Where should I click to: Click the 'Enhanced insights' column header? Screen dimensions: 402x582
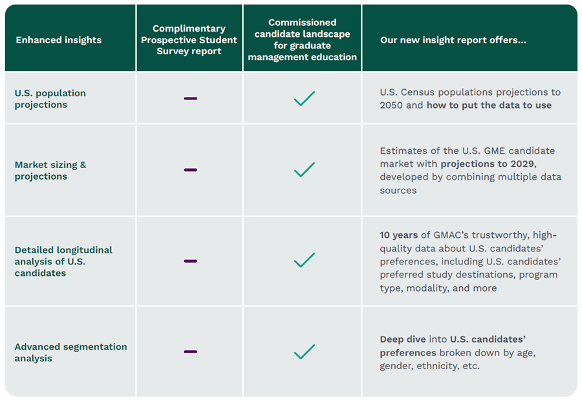click(58, 40)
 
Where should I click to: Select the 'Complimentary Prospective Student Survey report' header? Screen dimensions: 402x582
click(189, 40)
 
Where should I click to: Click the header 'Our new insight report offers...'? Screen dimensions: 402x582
click(453, 40)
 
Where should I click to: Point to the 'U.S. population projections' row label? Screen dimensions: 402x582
click(50, 99)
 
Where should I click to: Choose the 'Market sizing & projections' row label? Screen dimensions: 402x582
click(50, 171)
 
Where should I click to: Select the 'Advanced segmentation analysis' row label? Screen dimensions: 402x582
click(70, 352)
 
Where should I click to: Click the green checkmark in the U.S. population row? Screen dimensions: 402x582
click(304, 98)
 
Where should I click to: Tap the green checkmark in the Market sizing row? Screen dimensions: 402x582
click(304, 169)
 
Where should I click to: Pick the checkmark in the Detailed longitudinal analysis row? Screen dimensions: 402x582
click(304, 260)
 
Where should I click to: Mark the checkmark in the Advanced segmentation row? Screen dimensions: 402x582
click(304, 352)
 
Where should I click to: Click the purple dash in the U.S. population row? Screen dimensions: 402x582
click(190, 98)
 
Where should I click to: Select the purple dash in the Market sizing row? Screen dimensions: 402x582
click(190, 170)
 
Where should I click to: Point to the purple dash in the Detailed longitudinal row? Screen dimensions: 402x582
click(190, 261)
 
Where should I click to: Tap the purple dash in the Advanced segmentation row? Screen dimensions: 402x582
click(190, 352)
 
